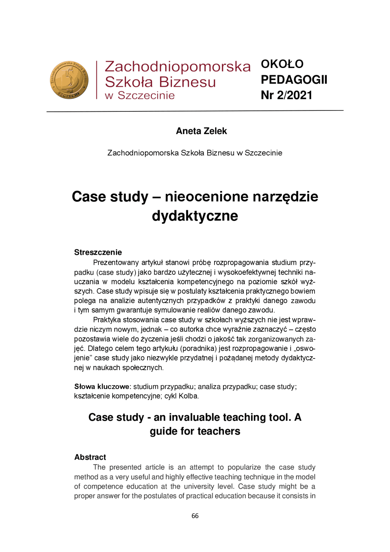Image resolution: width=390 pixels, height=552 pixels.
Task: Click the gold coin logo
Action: [x=69, y=80]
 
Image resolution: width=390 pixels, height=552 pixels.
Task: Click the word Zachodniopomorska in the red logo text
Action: [x=177, y=67]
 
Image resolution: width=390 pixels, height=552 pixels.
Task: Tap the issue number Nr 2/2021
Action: [x=286, y=95]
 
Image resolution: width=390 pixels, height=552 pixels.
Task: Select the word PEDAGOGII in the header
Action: [x=294, y=80]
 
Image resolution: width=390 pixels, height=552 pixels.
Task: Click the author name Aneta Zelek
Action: [x=201, y=131]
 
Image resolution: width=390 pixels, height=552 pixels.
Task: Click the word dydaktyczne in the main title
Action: [x=195, y=216]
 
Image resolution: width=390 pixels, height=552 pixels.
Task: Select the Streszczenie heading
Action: [x=98, y=252]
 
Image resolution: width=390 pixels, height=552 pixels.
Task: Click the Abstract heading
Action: [x=90, y=457]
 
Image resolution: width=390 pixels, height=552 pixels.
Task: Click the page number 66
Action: [x=195, y=516]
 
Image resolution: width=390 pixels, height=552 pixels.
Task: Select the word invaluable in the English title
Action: [x=195, y=417]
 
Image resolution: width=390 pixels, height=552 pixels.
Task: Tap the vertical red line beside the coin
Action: [x=97, y=80]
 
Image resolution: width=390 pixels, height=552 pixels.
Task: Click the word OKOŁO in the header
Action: [x=282, y=64]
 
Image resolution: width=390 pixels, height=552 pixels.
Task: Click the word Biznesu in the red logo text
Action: [x=187, y=82]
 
